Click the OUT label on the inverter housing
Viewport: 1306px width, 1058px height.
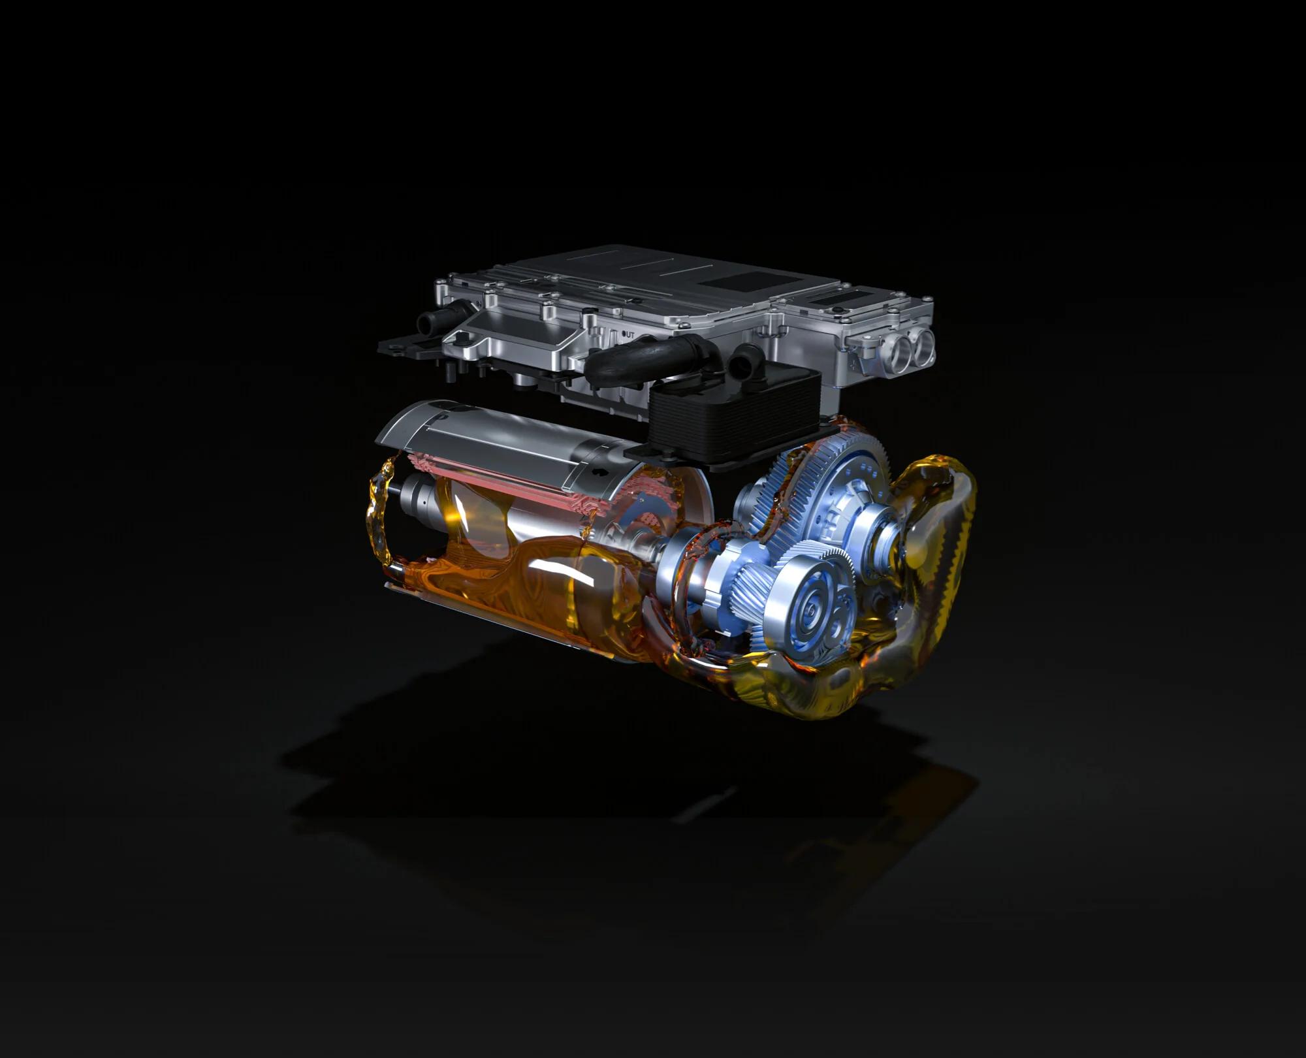click(628, 334)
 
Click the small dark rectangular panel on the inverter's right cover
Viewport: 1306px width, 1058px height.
click(838, 298)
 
